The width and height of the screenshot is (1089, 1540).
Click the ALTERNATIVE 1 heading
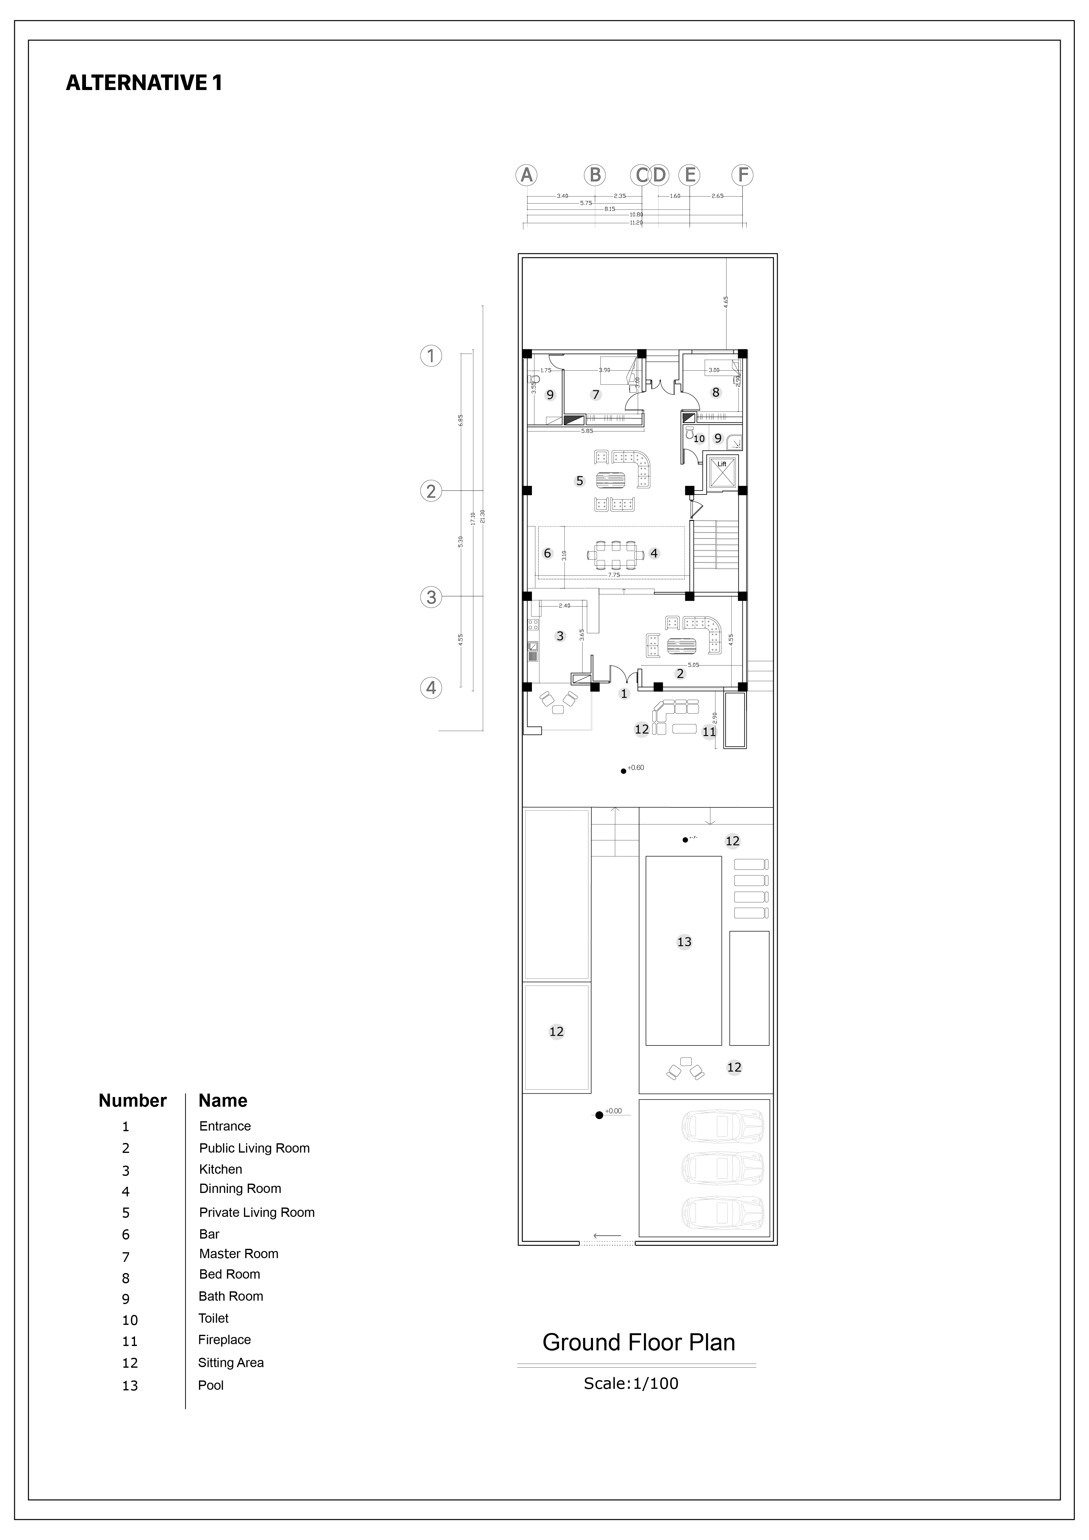point(143,83)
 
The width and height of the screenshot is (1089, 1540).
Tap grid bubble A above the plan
point(526,175)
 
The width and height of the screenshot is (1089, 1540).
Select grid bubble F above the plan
point(742,175)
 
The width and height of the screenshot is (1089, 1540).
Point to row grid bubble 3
point(431,597)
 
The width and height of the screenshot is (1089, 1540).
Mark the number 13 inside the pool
point(684,942)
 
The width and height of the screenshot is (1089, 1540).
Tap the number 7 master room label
point(596,394)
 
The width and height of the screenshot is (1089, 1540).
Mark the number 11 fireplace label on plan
point(709,732)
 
